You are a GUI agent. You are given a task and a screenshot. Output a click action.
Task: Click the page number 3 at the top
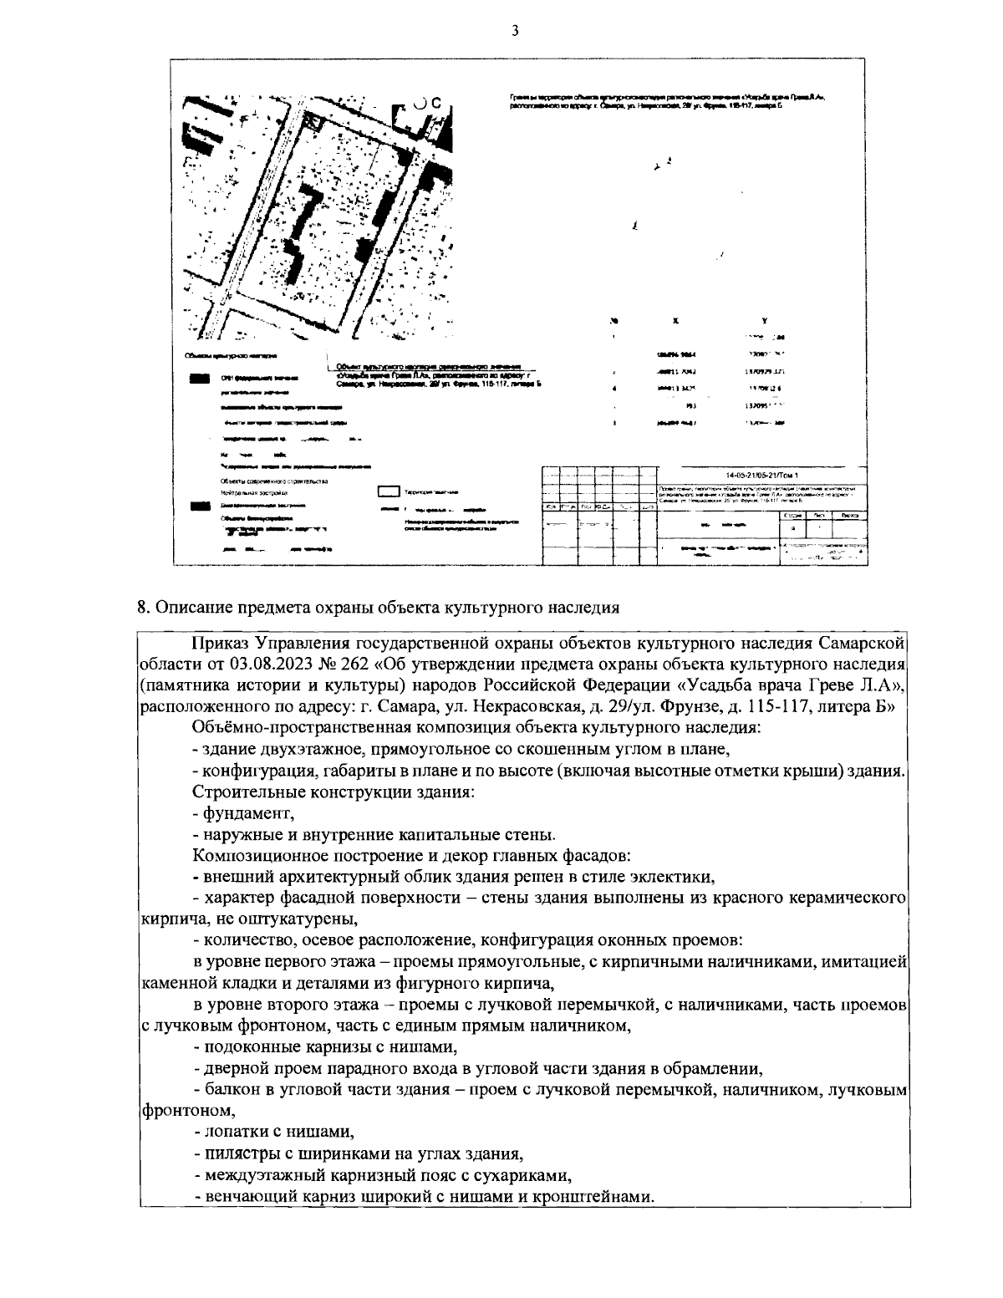click(x=514, y=31)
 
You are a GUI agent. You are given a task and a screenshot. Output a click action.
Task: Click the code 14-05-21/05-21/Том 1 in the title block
click(x=758, y=474)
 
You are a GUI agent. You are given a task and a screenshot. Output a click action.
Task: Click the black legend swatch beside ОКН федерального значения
click(x=200, y=379)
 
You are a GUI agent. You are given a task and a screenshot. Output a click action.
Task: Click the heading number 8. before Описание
click(x=144, y=608)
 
